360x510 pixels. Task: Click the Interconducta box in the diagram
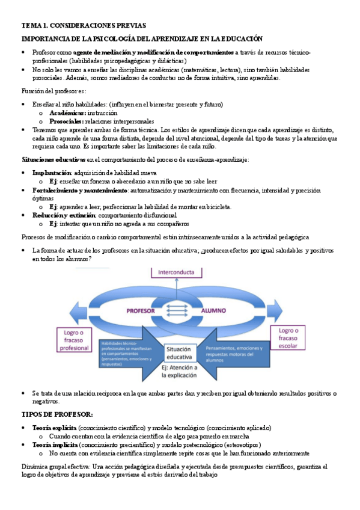click(176, 272)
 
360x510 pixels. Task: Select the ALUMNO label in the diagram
click(213, 311)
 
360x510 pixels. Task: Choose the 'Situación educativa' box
click(178, 352)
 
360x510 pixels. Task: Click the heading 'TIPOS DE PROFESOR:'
click(57, 414)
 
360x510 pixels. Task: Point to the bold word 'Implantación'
click(51, 173)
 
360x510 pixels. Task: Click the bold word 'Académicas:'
click(68, 112)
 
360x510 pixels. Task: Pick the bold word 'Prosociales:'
click(67, 121)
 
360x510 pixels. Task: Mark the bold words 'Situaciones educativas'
click(53, 159)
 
